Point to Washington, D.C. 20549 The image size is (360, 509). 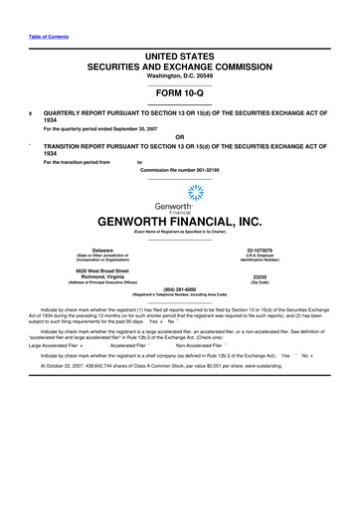pyautogui.click(x=180, y=81)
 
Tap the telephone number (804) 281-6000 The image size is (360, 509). pyautogui.click(x=180, y=289)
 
